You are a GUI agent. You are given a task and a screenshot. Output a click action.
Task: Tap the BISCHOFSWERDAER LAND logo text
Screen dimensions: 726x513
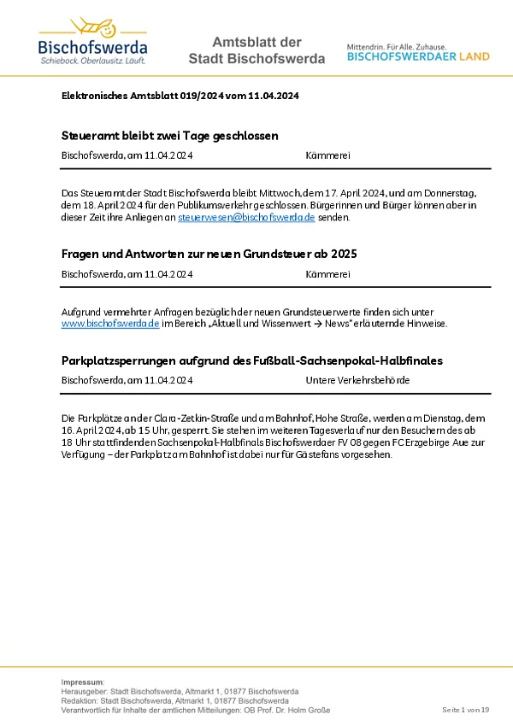click(418, 56)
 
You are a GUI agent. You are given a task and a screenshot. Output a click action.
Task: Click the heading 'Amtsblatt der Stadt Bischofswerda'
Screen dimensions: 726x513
click(256, 50)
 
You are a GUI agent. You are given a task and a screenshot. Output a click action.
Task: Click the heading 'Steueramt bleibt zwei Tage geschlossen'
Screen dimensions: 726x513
click(170, 136)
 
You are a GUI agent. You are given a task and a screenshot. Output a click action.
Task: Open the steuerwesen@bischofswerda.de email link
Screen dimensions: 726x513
click(246, 218)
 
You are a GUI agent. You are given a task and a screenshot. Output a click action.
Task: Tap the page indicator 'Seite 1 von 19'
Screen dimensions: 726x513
click(465, 710)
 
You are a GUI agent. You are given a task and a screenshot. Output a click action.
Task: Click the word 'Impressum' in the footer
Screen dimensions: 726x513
click(82, 682)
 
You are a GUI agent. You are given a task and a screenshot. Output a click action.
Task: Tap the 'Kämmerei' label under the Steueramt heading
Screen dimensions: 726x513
click(327, 155)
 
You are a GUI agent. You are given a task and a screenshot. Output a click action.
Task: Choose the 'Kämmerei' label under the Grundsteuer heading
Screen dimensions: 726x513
click(327, 274)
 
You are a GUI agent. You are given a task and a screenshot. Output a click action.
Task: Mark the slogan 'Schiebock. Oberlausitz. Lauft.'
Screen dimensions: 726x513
click(92, 61)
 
